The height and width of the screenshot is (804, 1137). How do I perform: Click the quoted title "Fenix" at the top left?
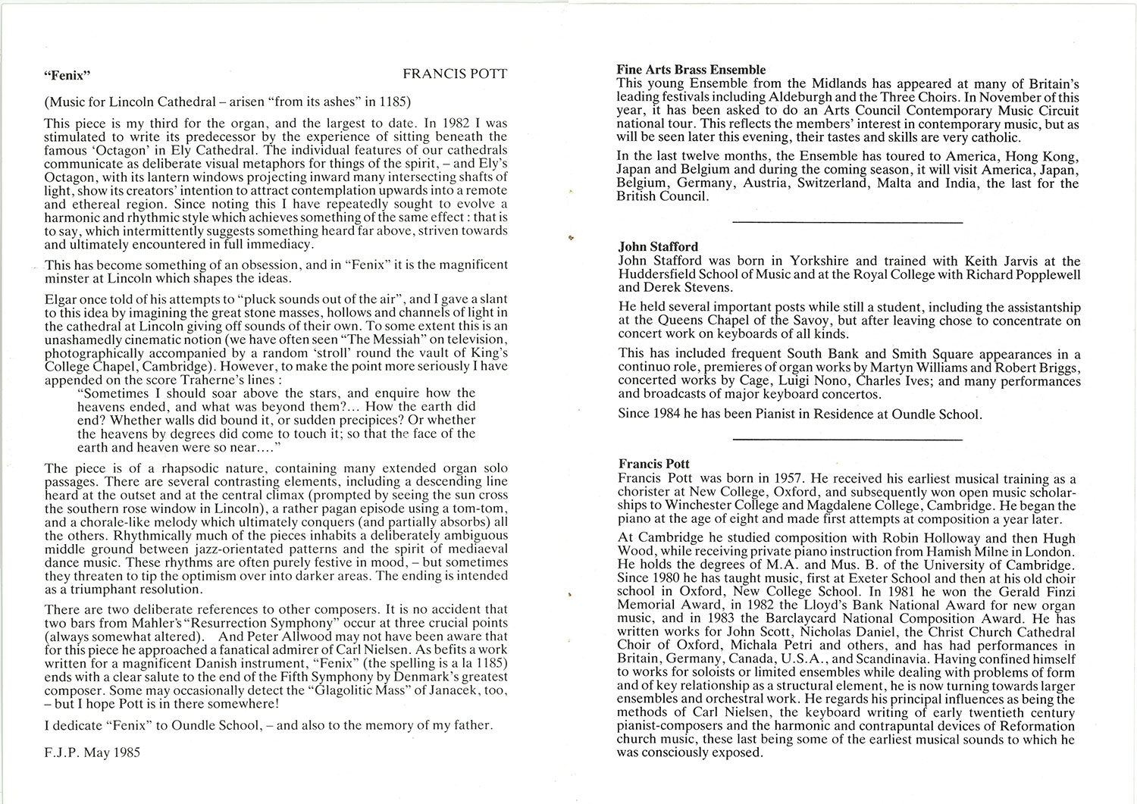[68, 75]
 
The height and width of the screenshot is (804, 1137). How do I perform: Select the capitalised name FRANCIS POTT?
[455, 74]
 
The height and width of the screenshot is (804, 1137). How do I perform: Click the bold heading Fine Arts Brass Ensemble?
[691, 70]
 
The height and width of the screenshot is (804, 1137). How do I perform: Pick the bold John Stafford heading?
[658, 246]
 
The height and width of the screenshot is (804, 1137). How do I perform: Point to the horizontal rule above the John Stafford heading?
[847, 222]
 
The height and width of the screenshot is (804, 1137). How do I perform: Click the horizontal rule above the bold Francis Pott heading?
[847, 440]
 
